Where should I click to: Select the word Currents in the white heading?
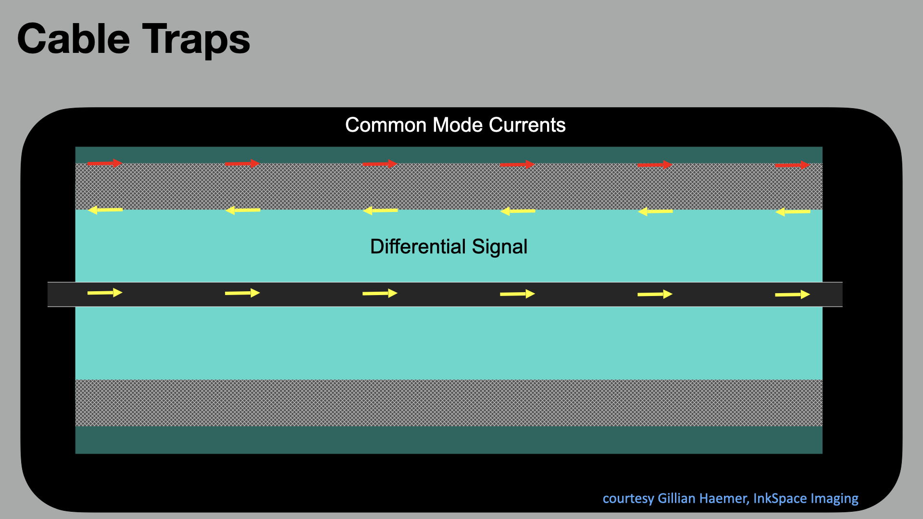[527, 125]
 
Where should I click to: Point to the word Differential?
[418, 247]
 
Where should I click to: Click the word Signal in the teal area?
[499, 247]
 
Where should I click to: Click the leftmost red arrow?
[105, 163]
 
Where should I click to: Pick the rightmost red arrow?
[792, 165]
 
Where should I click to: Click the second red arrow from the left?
[242, 164]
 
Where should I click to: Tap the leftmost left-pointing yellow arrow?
[106, 210]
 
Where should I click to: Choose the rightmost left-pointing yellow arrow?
[793, 211]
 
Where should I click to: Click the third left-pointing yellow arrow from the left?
[380, 210]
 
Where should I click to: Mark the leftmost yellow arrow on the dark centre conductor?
[105, 293]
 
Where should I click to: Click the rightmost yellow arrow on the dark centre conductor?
[792, 294]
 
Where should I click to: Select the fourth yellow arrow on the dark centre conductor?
[517, 294]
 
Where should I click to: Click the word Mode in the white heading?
[458, 125]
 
